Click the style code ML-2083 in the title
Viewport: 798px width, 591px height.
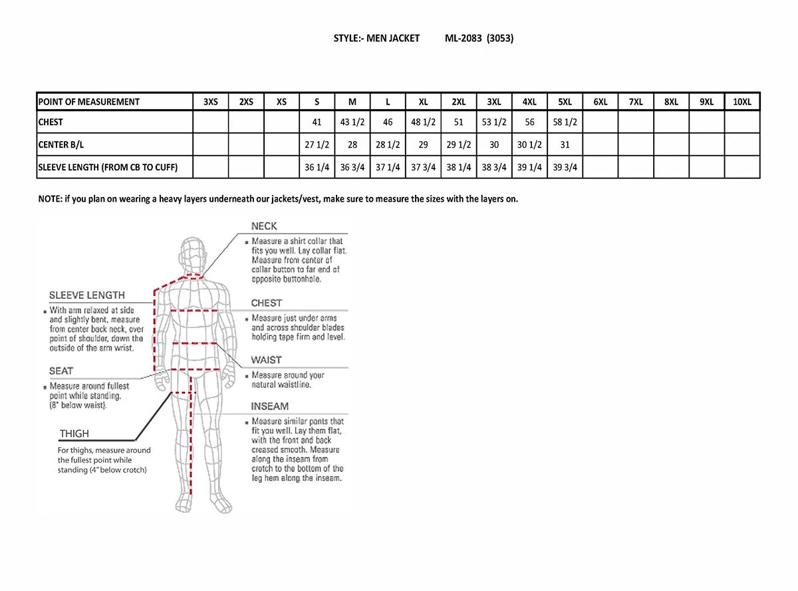pyautogui.click(x=464, y=39)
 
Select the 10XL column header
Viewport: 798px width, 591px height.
pyautogui.click(x=741, y=102)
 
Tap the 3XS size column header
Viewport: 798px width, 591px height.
pyautogui.click(x=210, y=102)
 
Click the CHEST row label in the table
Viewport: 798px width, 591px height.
pyautogui.click(x=51, y=122)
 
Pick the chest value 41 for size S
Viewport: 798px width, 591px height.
pyautogui.click(x=317, y=122)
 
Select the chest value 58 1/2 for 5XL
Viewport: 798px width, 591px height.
pyautogui.click(x=565, y=122)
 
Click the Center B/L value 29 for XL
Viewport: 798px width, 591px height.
pyautogui.click(x=423, y=145)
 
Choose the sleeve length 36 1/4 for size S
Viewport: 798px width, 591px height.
pyautogui.click(x=317, y=168)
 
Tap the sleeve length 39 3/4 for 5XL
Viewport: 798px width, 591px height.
pyautogui.click(x=565, y=168)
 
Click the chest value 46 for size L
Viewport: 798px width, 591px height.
pyautogui.click(x=388, y=122)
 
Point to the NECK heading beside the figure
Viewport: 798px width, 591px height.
pyautogui.click(x=264, y=226)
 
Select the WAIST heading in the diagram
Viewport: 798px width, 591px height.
pyautogui.click(x=266, y=360)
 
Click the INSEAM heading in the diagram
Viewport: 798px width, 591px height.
pyautogui.click(x=269, y=406)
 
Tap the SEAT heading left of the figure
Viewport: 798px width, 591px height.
pyautogui.click(x=61, y=371)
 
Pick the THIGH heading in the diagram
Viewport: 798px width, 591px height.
pyautogui.click(x=74, y=433)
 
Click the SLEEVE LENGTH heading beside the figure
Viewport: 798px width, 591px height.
pyautogui.click(x=87, y=295)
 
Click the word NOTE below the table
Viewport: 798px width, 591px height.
pyautogui.click(x=49, y=199)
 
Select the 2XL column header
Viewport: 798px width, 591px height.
pyautogui.click(x=458, y=102)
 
